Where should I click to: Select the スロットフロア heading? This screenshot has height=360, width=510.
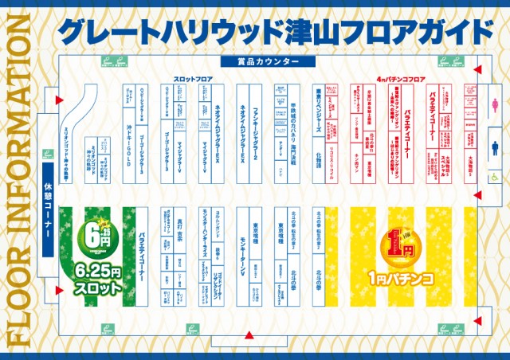click(194, 80)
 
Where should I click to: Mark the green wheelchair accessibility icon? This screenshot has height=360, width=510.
click(493, 177)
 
